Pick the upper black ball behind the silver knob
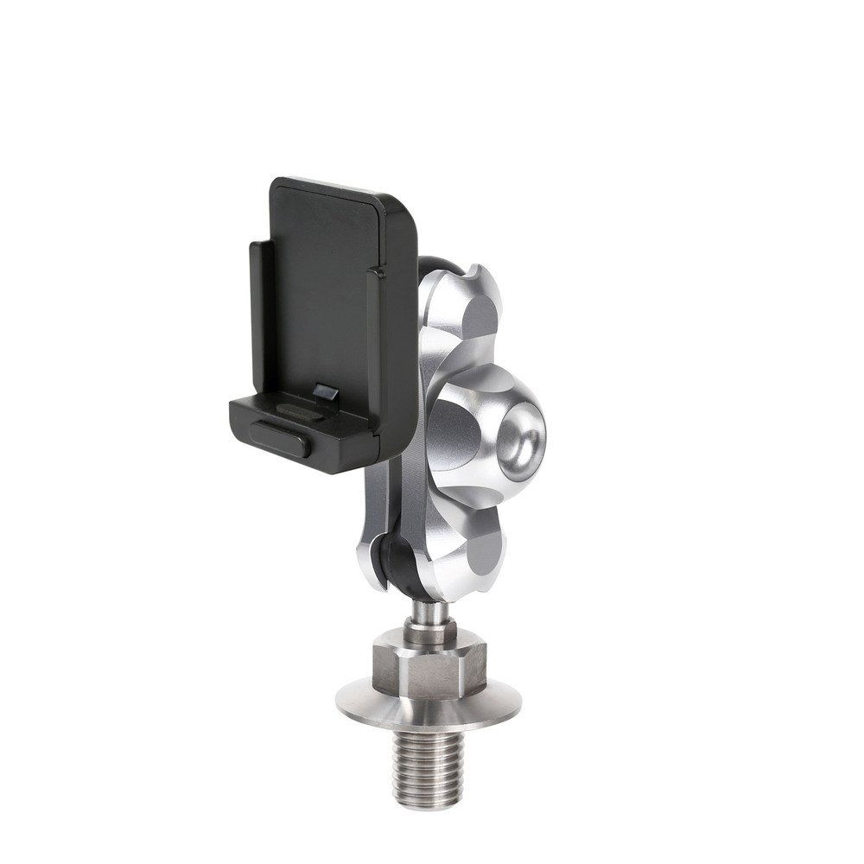tap(429, 259)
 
